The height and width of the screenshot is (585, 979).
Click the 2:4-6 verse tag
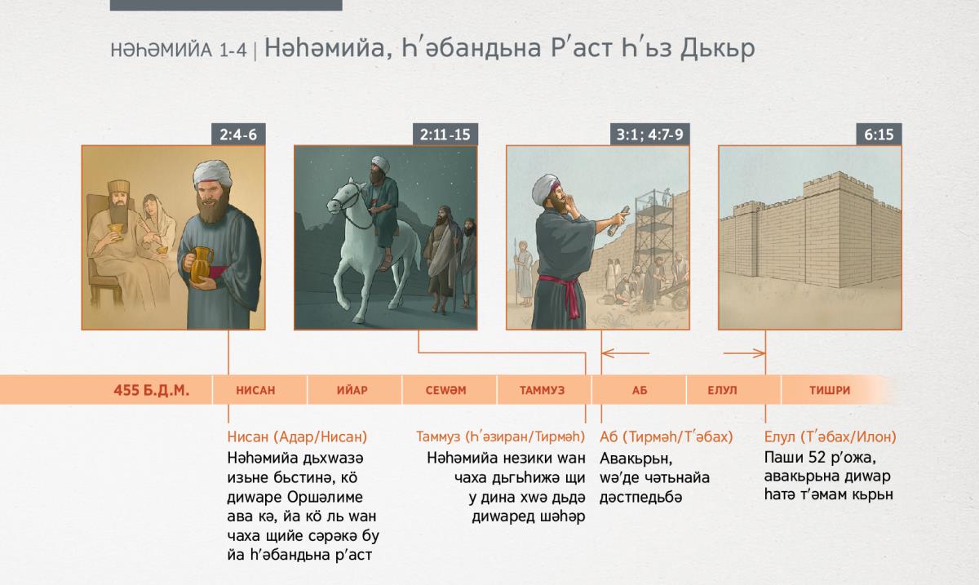point(238,135)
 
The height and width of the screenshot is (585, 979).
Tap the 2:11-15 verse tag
point(445,135)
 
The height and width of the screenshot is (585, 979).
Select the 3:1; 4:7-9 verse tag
point(649,135)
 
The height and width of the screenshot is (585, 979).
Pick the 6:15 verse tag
point(879,135)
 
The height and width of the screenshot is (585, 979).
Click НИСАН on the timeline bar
point(255,390)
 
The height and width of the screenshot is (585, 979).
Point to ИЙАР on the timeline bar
point(352,390)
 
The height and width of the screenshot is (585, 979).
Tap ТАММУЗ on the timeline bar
point(542,390)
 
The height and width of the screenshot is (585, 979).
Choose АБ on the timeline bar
point(639,390)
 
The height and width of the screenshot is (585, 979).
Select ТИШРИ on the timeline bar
point(830,390)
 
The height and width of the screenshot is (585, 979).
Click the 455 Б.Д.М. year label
point(151,390)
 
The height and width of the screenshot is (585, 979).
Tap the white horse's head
point(345,197)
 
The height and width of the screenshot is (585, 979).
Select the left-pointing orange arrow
point(626,352)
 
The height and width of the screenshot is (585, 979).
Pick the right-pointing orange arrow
point(744,352)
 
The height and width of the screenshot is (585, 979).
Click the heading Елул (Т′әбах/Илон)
point(830,437)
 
